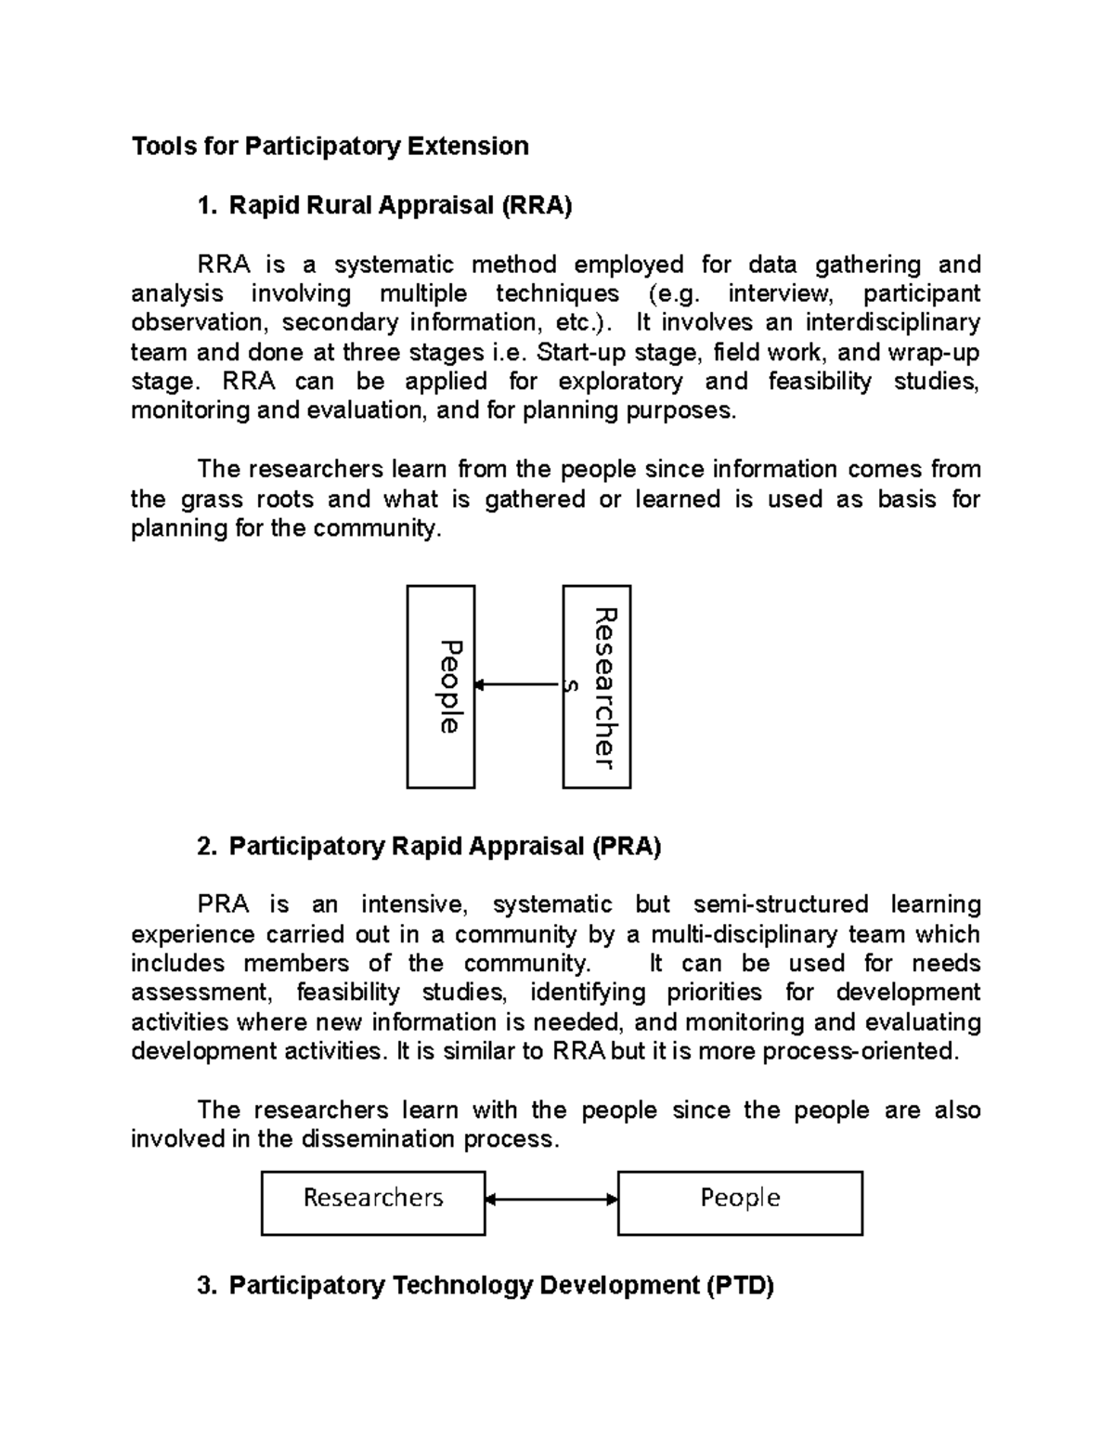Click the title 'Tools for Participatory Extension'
click(330, 146)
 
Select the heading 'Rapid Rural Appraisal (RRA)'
click(400, 205)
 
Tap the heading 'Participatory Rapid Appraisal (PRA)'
click(445, 846)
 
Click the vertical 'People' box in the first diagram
click(441, 687)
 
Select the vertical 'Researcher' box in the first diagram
click(597, 687)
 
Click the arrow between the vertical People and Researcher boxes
click(518, 685)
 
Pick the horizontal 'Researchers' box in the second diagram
click(373, 1202)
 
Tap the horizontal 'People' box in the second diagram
click(740, 1202)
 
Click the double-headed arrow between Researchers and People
click(551, 1200)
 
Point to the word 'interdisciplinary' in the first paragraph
click(892, 323)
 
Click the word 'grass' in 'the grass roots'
click(203, 500)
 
